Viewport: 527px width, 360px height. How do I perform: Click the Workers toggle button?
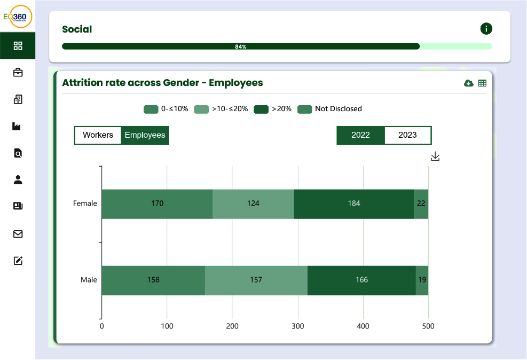click(x=98, y=135)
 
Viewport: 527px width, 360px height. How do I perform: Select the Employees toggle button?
click(x=145, y=135)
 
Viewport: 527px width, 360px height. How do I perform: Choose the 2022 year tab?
click(x=360, y=135)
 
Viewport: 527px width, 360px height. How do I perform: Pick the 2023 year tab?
click(x=407, y=135)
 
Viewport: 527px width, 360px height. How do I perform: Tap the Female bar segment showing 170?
click(x=157, y=204)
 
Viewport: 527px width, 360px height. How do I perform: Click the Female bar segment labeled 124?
click(x=253, y=204)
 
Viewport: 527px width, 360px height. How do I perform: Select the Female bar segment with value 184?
click(x=353, y=204)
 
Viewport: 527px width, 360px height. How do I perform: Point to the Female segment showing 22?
click(x=421, y=204)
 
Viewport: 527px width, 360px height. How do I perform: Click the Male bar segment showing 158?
click(x=153, y=280)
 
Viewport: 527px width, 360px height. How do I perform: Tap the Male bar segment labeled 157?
click(x=256, y=280)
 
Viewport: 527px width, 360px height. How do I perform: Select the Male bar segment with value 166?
click(x=361, y=280)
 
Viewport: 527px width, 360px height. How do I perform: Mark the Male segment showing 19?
click(x=422, y=280)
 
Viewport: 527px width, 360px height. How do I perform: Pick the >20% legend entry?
click(x=273, y=109)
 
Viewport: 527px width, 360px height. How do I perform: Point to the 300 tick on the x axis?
click(x=297, y=326)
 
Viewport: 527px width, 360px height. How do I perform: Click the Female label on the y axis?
click(x=85, y=204)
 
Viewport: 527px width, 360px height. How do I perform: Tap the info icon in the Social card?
click(x=486, y=29)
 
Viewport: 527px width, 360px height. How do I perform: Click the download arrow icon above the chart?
click(x=435, y=156)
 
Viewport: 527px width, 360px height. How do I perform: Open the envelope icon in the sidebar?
click(x=18, y=234)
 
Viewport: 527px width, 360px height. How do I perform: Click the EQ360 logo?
click(x=18, y=17)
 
